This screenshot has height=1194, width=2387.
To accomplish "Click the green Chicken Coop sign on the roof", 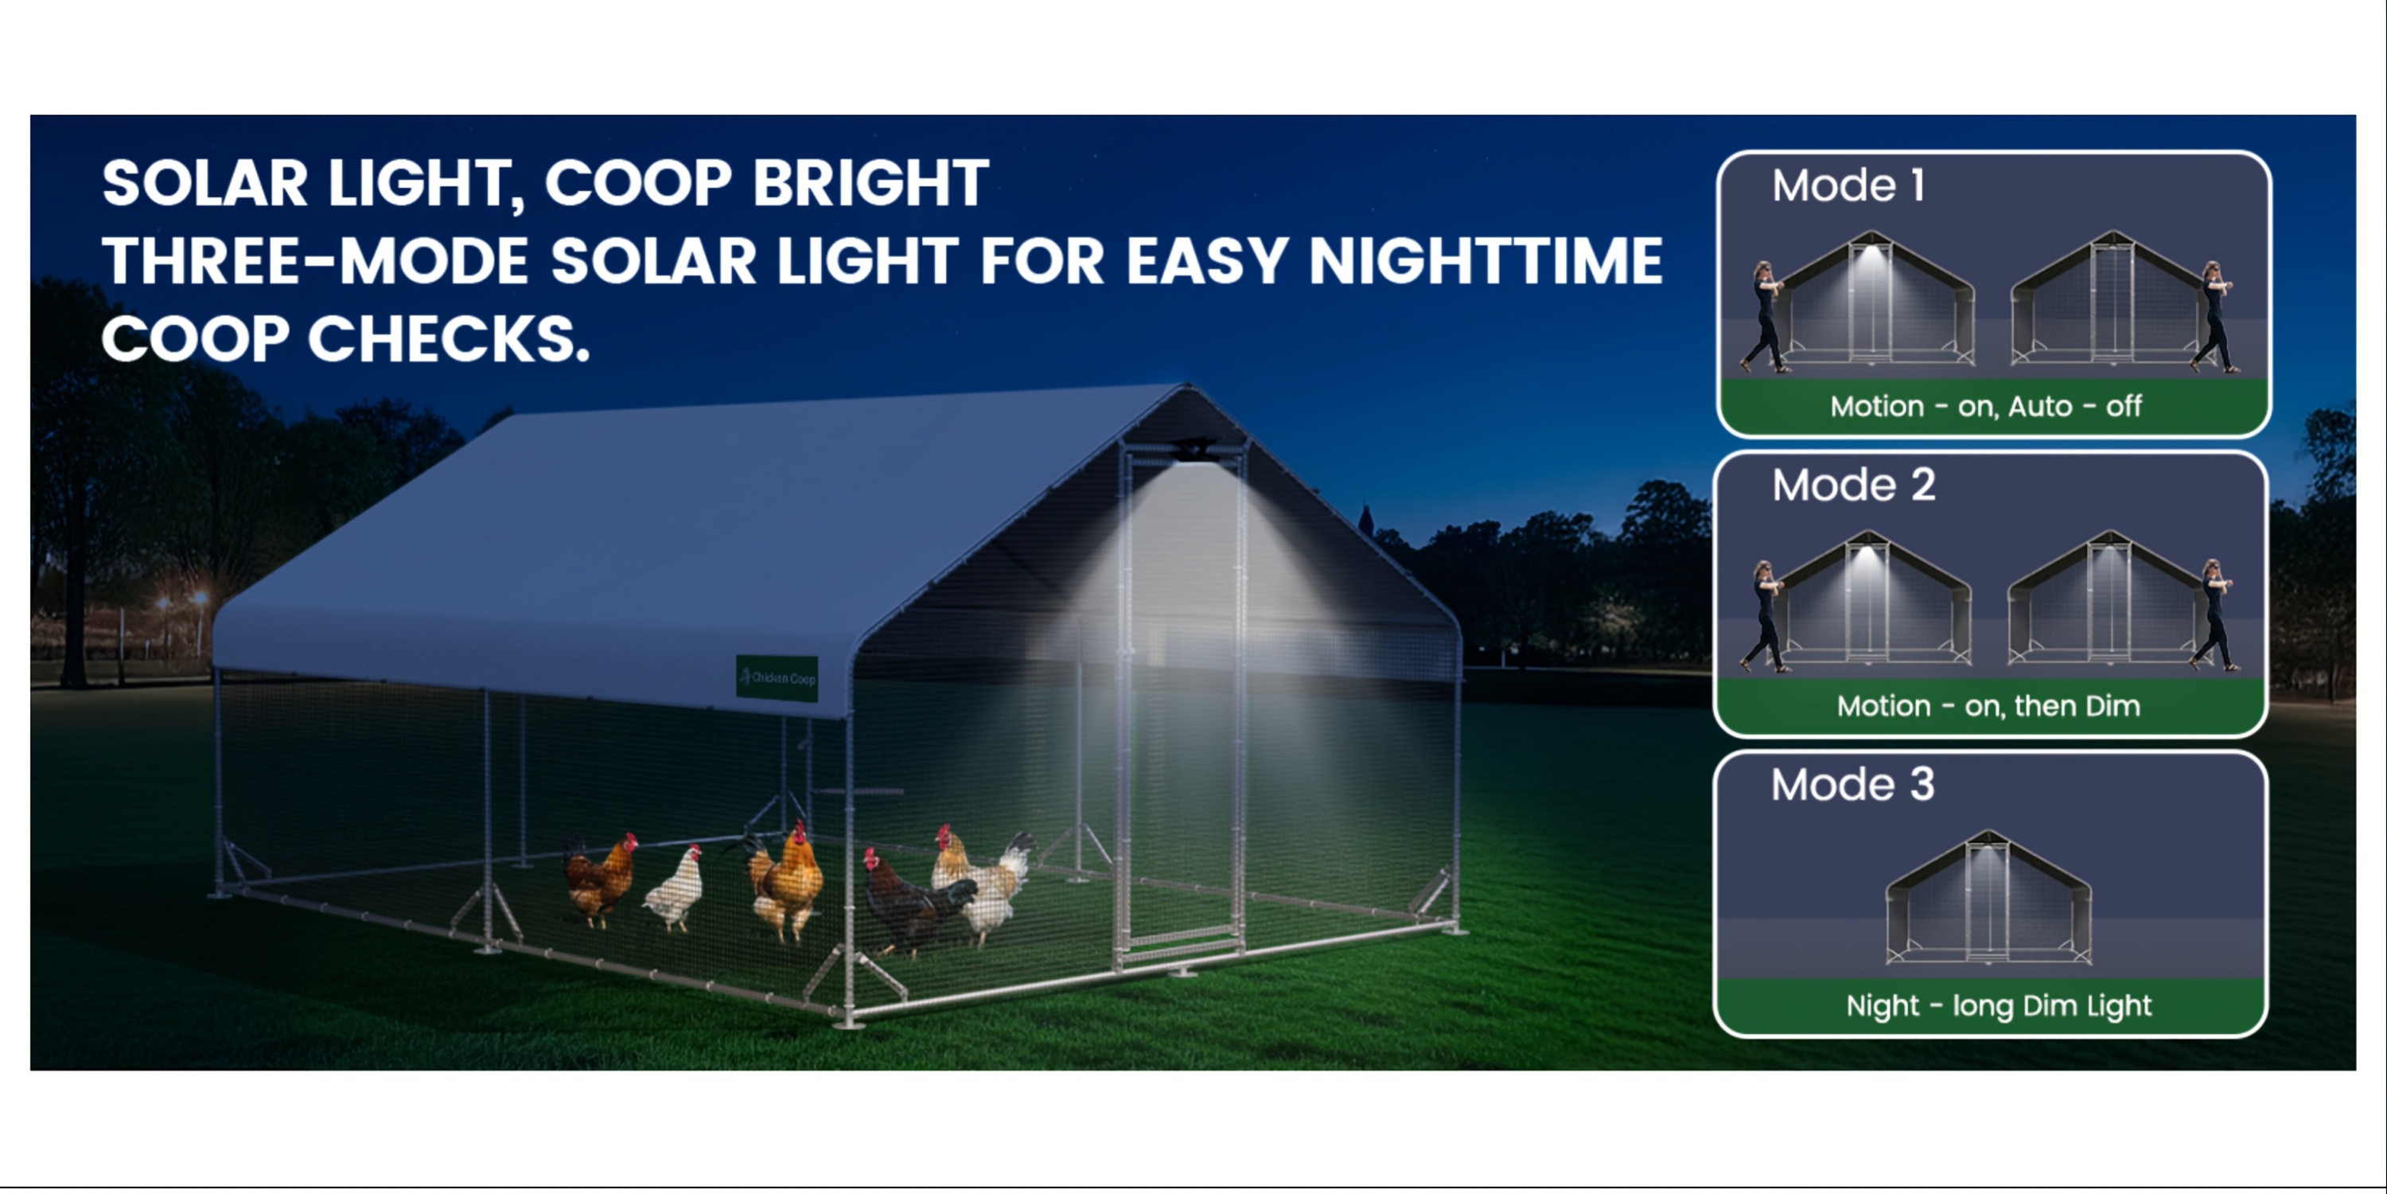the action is [x=777, y=677].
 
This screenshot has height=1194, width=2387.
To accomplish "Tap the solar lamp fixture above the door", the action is [x=1194, y=451].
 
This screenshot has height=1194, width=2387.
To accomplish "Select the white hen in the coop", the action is [x=674, y=888].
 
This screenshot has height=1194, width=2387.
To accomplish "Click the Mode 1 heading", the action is [x=1848, y=185].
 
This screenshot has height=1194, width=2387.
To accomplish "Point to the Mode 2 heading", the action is [x=1853, y=485].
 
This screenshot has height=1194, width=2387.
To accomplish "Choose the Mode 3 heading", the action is [x=1852, y=784].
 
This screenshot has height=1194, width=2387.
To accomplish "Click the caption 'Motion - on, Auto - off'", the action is [x=1986, y=406].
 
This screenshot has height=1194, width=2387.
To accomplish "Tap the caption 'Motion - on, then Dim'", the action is [x=1988, y=706].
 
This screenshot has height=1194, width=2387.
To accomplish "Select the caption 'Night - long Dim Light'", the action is [x=1999, y=1006].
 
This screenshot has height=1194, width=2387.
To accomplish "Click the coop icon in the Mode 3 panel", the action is [x=1988, y=897].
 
